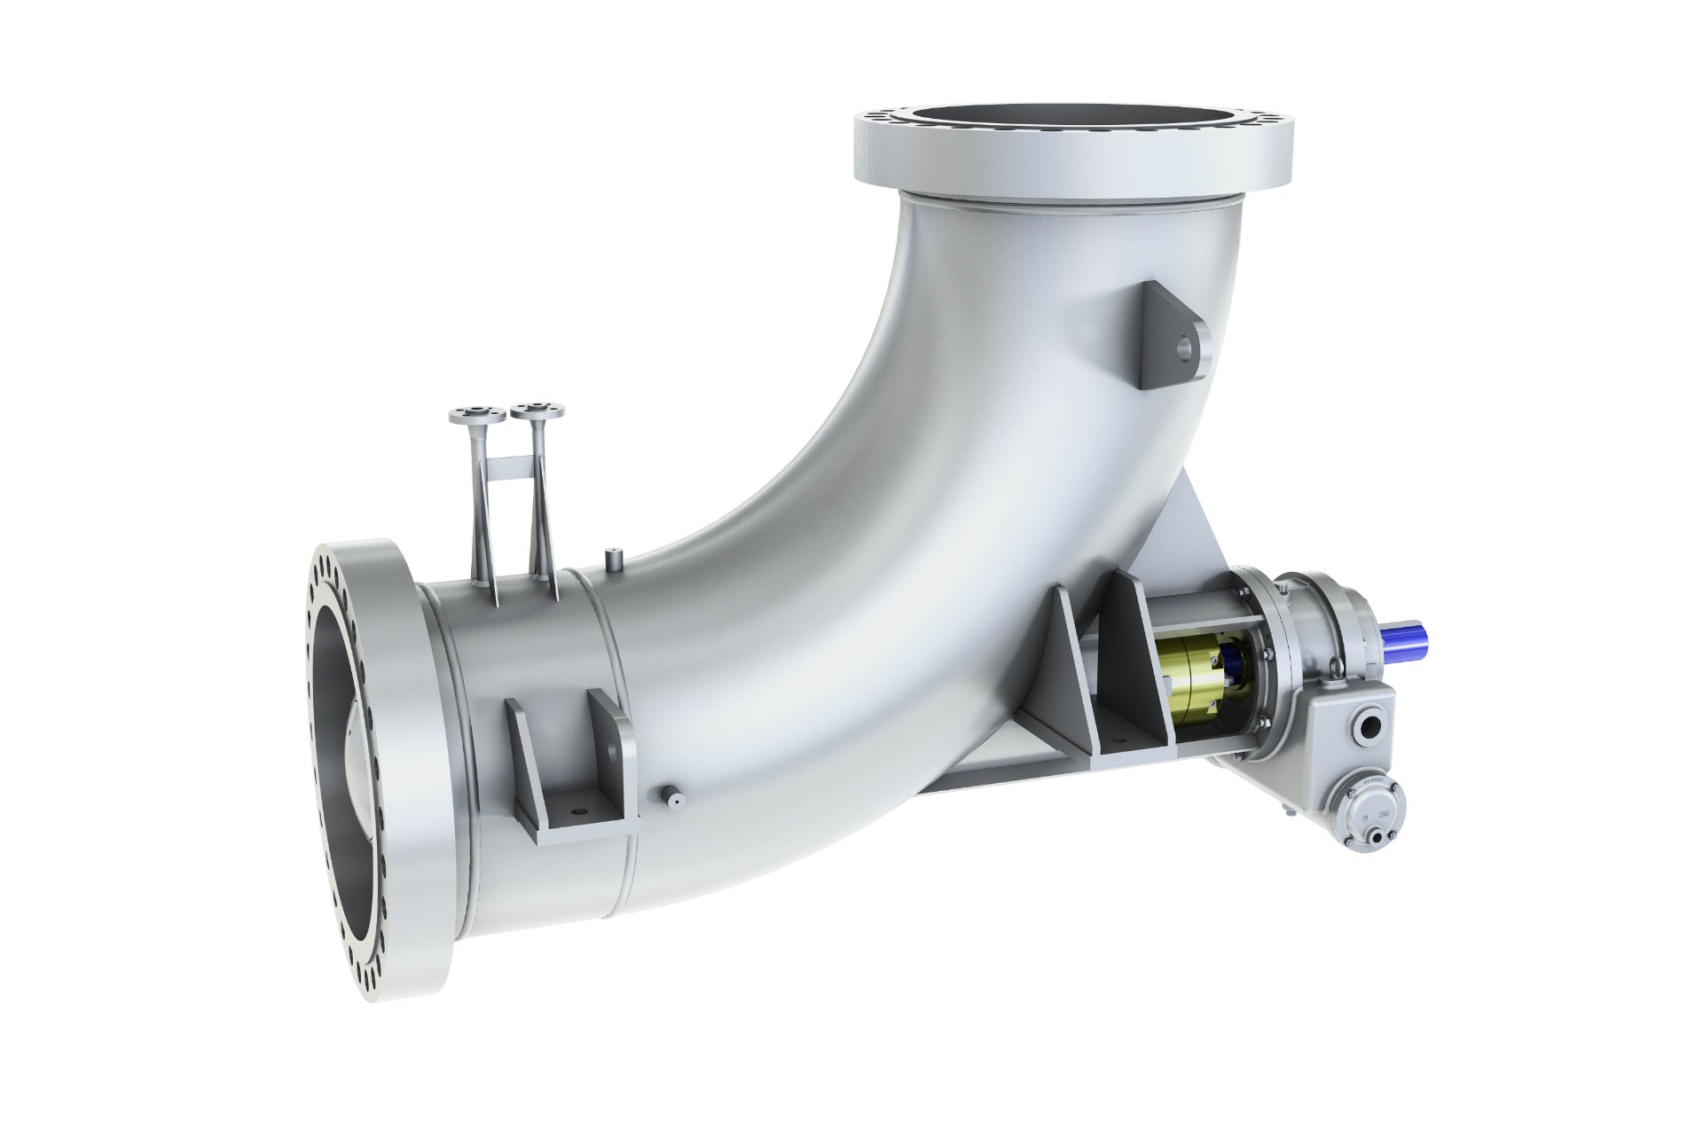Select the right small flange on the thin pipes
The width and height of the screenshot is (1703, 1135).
(x=531, y=411)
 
